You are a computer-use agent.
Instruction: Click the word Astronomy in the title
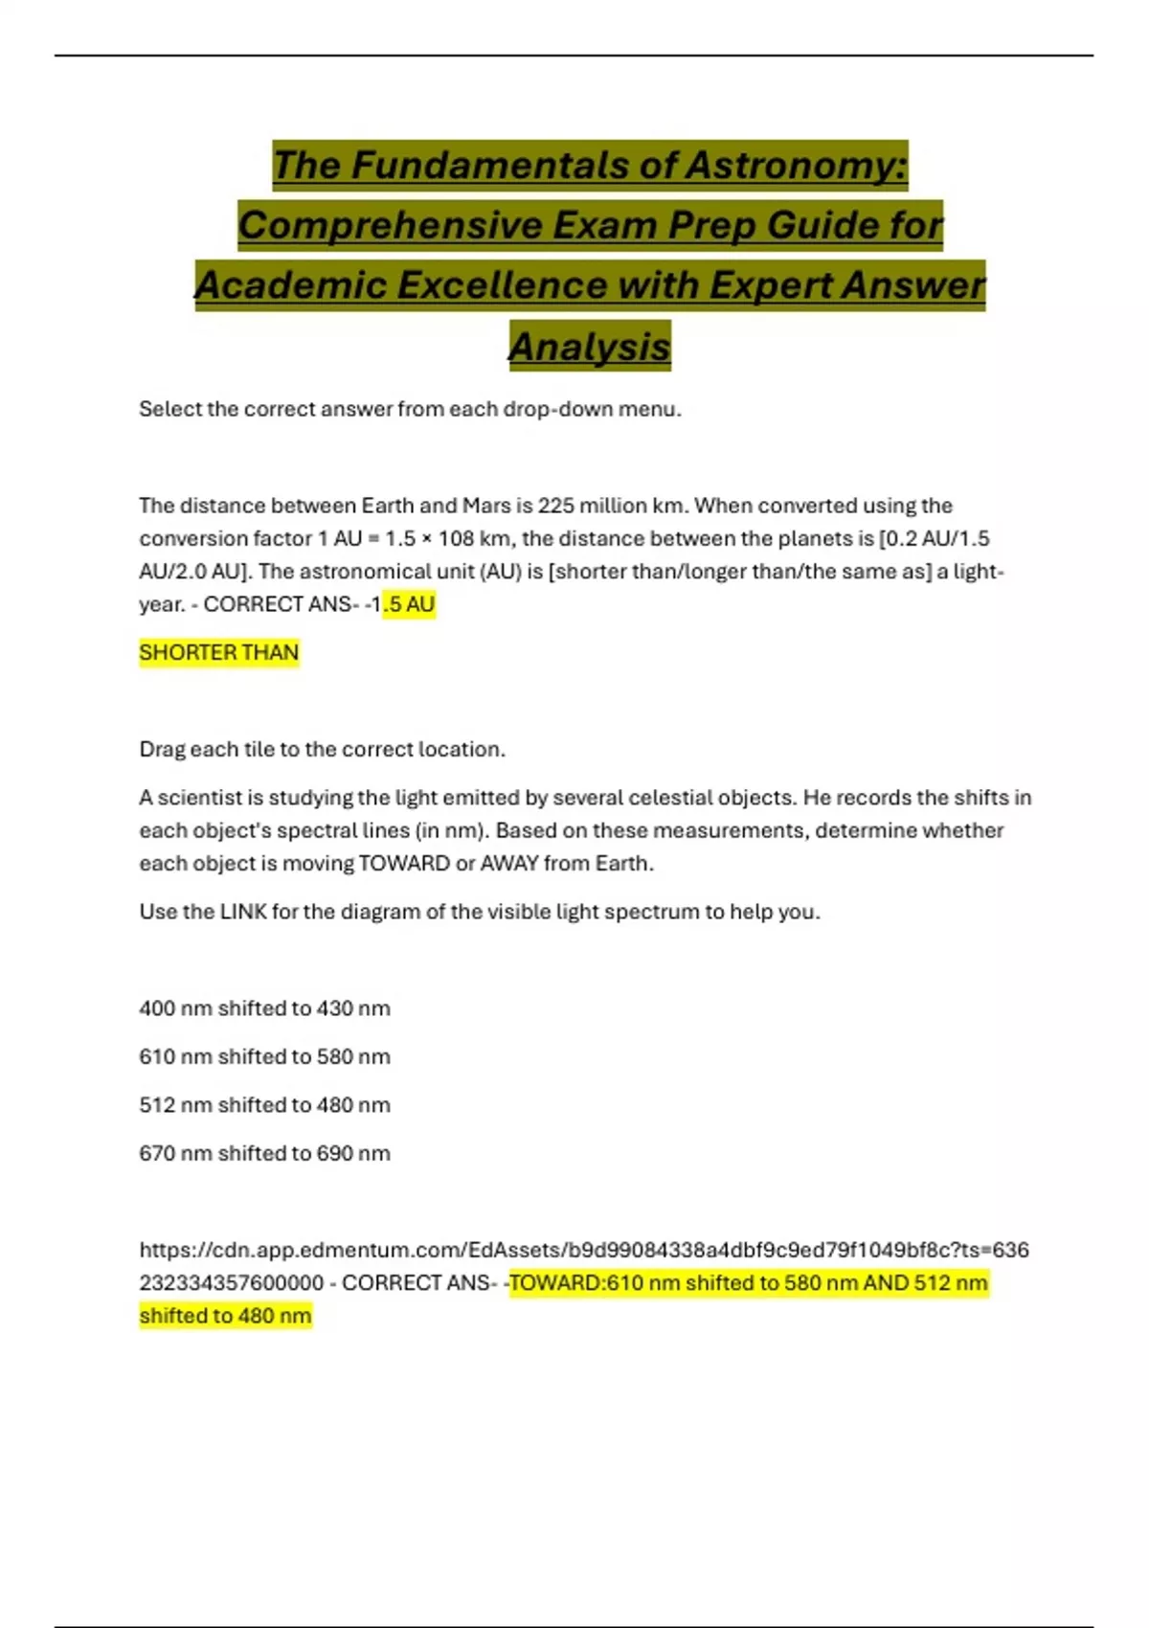tap(796, 165)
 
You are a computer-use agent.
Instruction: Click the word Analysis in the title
tap(589, 347)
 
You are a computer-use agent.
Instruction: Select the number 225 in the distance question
tap(555, 506)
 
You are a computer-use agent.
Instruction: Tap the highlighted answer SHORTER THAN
tap(219, 653)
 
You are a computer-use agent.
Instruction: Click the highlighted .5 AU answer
tap(409, 604)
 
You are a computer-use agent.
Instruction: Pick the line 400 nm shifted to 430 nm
tap(264, 1008)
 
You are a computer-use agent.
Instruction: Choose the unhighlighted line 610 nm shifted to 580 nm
tap(264, 1056)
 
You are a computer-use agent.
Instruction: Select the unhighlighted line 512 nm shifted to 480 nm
tap(264, 1105)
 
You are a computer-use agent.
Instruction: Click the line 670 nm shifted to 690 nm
tap(264, 1153)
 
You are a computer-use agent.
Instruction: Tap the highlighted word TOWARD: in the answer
tap(557, 1283)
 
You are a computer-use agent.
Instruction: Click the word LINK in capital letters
tap(243, 912)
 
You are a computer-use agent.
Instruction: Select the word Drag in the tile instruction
tap(162, 750)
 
